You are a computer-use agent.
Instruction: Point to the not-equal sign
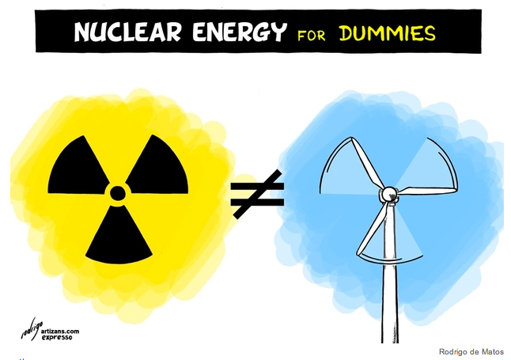[256, 194]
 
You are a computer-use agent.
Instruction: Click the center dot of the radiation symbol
[117, 192]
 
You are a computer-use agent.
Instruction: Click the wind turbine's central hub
[388, 194]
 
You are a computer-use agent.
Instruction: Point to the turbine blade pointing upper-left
[361, 163]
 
